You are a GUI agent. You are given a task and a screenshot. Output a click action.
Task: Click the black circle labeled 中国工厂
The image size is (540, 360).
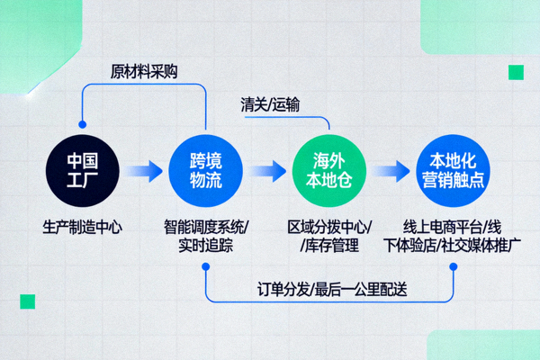[82, 171]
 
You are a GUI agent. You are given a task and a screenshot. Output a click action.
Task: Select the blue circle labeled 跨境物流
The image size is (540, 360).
[205, 171]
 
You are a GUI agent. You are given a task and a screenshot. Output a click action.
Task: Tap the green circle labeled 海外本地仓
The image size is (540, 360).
[328, 171]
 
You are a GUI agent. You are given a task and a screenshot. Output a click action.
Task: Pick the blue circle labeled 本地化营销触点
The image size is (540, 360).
[452, 171]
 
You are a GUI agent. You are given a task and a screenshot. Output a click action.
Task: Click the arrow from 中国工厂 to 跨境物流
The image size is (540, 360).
[143, 170]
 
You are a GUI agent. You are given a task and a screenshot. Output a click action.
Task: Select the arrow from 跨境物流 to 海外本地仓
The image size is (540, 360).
[267, 170]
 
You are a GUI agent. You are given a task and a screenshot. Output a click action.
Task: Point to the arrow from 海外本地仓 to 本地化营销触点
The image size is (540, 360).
[391, 170]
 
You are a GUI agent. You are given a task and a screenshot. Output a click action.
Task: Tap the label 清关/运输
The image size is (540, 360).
[270, 105]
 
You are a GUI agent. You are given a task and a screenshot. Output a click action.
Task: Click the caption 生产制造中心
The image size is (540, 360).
[82, 227]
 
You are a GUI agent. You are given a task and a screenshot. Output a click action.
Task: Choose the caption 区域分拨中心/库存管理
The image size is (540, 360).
[328, 235]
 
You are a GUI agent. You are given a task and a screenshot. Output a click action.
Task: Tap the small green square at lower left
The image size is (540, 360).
[28, 301]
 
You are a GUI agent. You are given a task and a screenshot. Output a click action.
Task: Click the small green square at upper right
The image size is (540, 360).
[516, 72]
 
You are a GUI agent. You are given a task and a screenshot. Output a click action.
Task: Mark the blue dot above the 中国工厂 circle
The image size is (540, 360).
[82, 124]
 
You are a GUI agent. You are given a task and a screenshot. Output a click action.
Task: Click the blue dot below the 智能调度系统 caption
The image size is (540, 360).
[206, 266]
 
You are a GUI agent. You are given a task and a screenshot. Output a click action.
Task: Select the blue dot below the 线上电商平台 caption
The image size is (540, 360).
[453, 266]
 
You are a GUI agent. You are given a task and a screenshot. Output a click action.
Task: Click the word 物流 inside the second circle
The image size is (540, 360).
[205, 181]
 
